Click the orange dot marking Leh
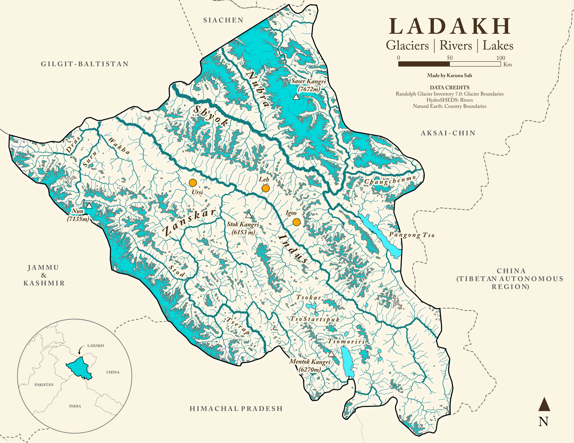[x=265, y=188]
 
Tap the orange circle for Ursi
[x=193, y=183]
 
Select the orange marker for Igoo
[x=296, y=222]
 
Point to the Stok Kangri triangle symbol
[x=249, y=216]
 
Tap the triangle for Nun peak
[x=89, y=206]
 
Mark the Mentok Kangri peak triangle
[x=331, y=354]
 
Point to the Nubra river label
[x=258, y=89]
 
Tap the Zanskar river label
[x=189, y=223]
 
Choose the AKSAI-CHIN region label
[x=448, y=133]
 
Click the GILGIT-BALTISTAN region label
[x=85, y=64]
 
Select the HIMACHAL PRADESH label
[x=236, y=409]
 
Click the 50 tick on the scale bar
[x=450, y=58]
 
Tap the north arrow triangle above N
[x=544, y=404]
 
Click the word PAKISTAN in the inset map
[x=44, y=385]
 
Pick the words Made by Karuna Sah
[x=449, y=76]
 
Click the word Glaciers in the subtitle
[x=407, y=45]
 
